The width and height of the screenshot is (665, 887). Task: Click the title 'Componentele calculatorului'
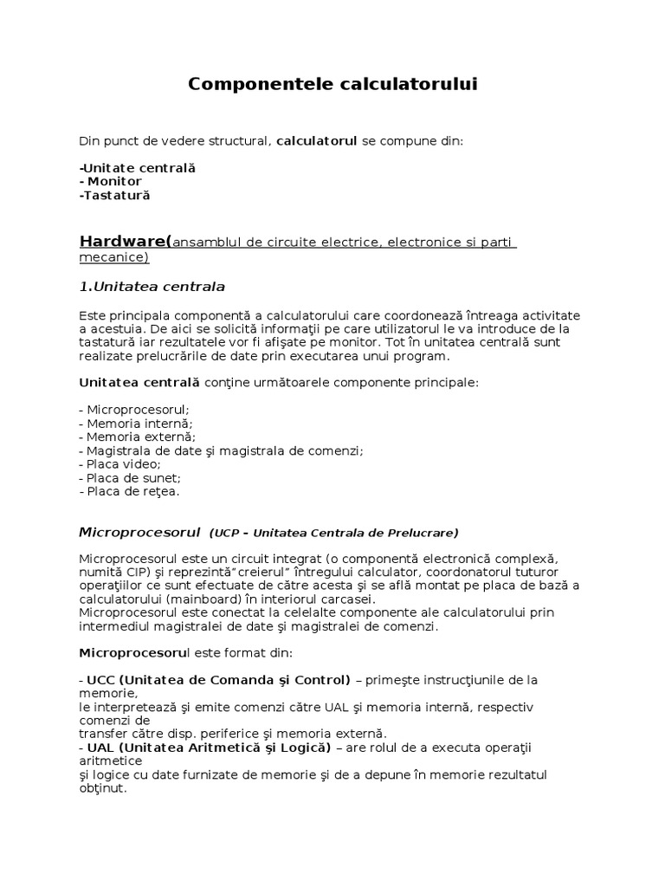point(332,84)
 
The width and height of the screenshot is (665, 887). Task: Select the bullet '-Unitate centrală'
point(137,167)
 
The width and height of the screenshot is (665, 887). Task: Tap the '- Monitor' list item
point(110,181)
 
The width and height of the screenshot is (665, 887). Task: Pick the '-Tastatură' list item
point(114,195)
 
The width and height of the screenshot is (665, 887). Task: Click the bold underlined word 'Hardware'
point(125,240)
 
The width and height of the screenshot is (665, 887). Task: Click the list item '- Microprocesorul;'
point(134,409)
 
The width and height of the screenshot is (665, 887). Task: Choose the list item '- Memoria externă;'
point(137,437)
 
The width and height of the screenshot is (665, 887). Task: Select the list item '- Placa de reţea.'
point(129,491)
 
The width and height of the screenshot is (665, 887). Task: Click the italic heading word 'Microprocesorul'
point(139,531)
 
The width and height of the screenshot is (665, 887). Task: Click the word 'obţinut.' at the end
point(102,788)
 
